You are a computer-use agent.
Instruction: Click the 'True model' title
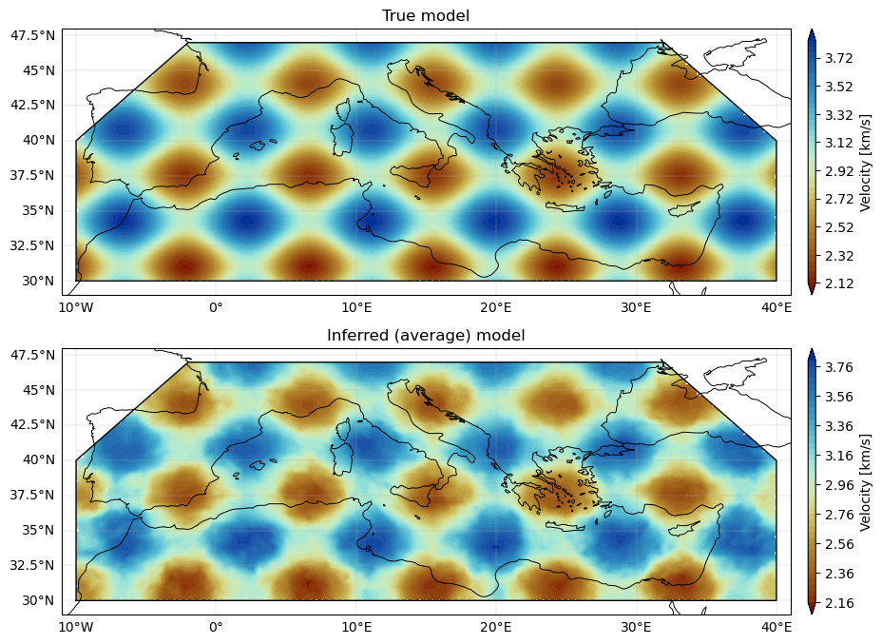tap(425, 15)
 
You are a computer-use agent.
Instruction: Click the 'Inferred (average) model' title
tap(425, 336)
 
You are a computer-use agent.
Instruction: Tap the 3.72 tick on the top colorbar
tap(838, 58)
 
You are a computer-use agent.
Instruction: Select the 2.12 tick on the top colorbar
tap(838, 283)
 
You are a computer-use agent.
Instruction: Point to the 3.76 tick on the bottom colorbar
tap(838, 367)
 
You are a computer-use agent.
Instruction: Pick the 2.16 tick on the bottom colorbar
tap(838, 603)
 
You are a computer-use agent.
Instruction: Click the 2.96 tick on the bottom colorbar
tap(838, 485)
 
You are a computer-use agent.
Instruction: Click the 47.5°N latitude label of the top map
tap(32, 35)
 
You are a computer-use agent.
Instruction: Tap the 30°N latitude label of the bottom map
tap(38, 600)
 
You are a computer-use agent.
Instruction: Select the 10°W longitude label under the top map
tap(76, 307)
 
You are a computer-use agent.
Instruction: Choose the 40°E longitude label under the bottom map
tap(777, 627)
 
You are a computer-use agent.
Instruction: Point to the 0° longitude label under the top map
tap(216, 307)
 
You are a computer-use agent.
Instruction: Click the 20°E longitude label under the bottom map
tap(495, 627)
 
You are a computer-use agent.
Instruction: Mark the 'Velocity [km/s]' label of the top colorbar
tap(865, 162)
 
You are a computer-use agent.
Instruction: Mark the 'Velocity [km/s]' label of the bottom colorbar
tap(865, 482)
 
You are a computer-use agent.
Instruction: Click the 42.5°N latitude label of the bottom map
tap(32, 424)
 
